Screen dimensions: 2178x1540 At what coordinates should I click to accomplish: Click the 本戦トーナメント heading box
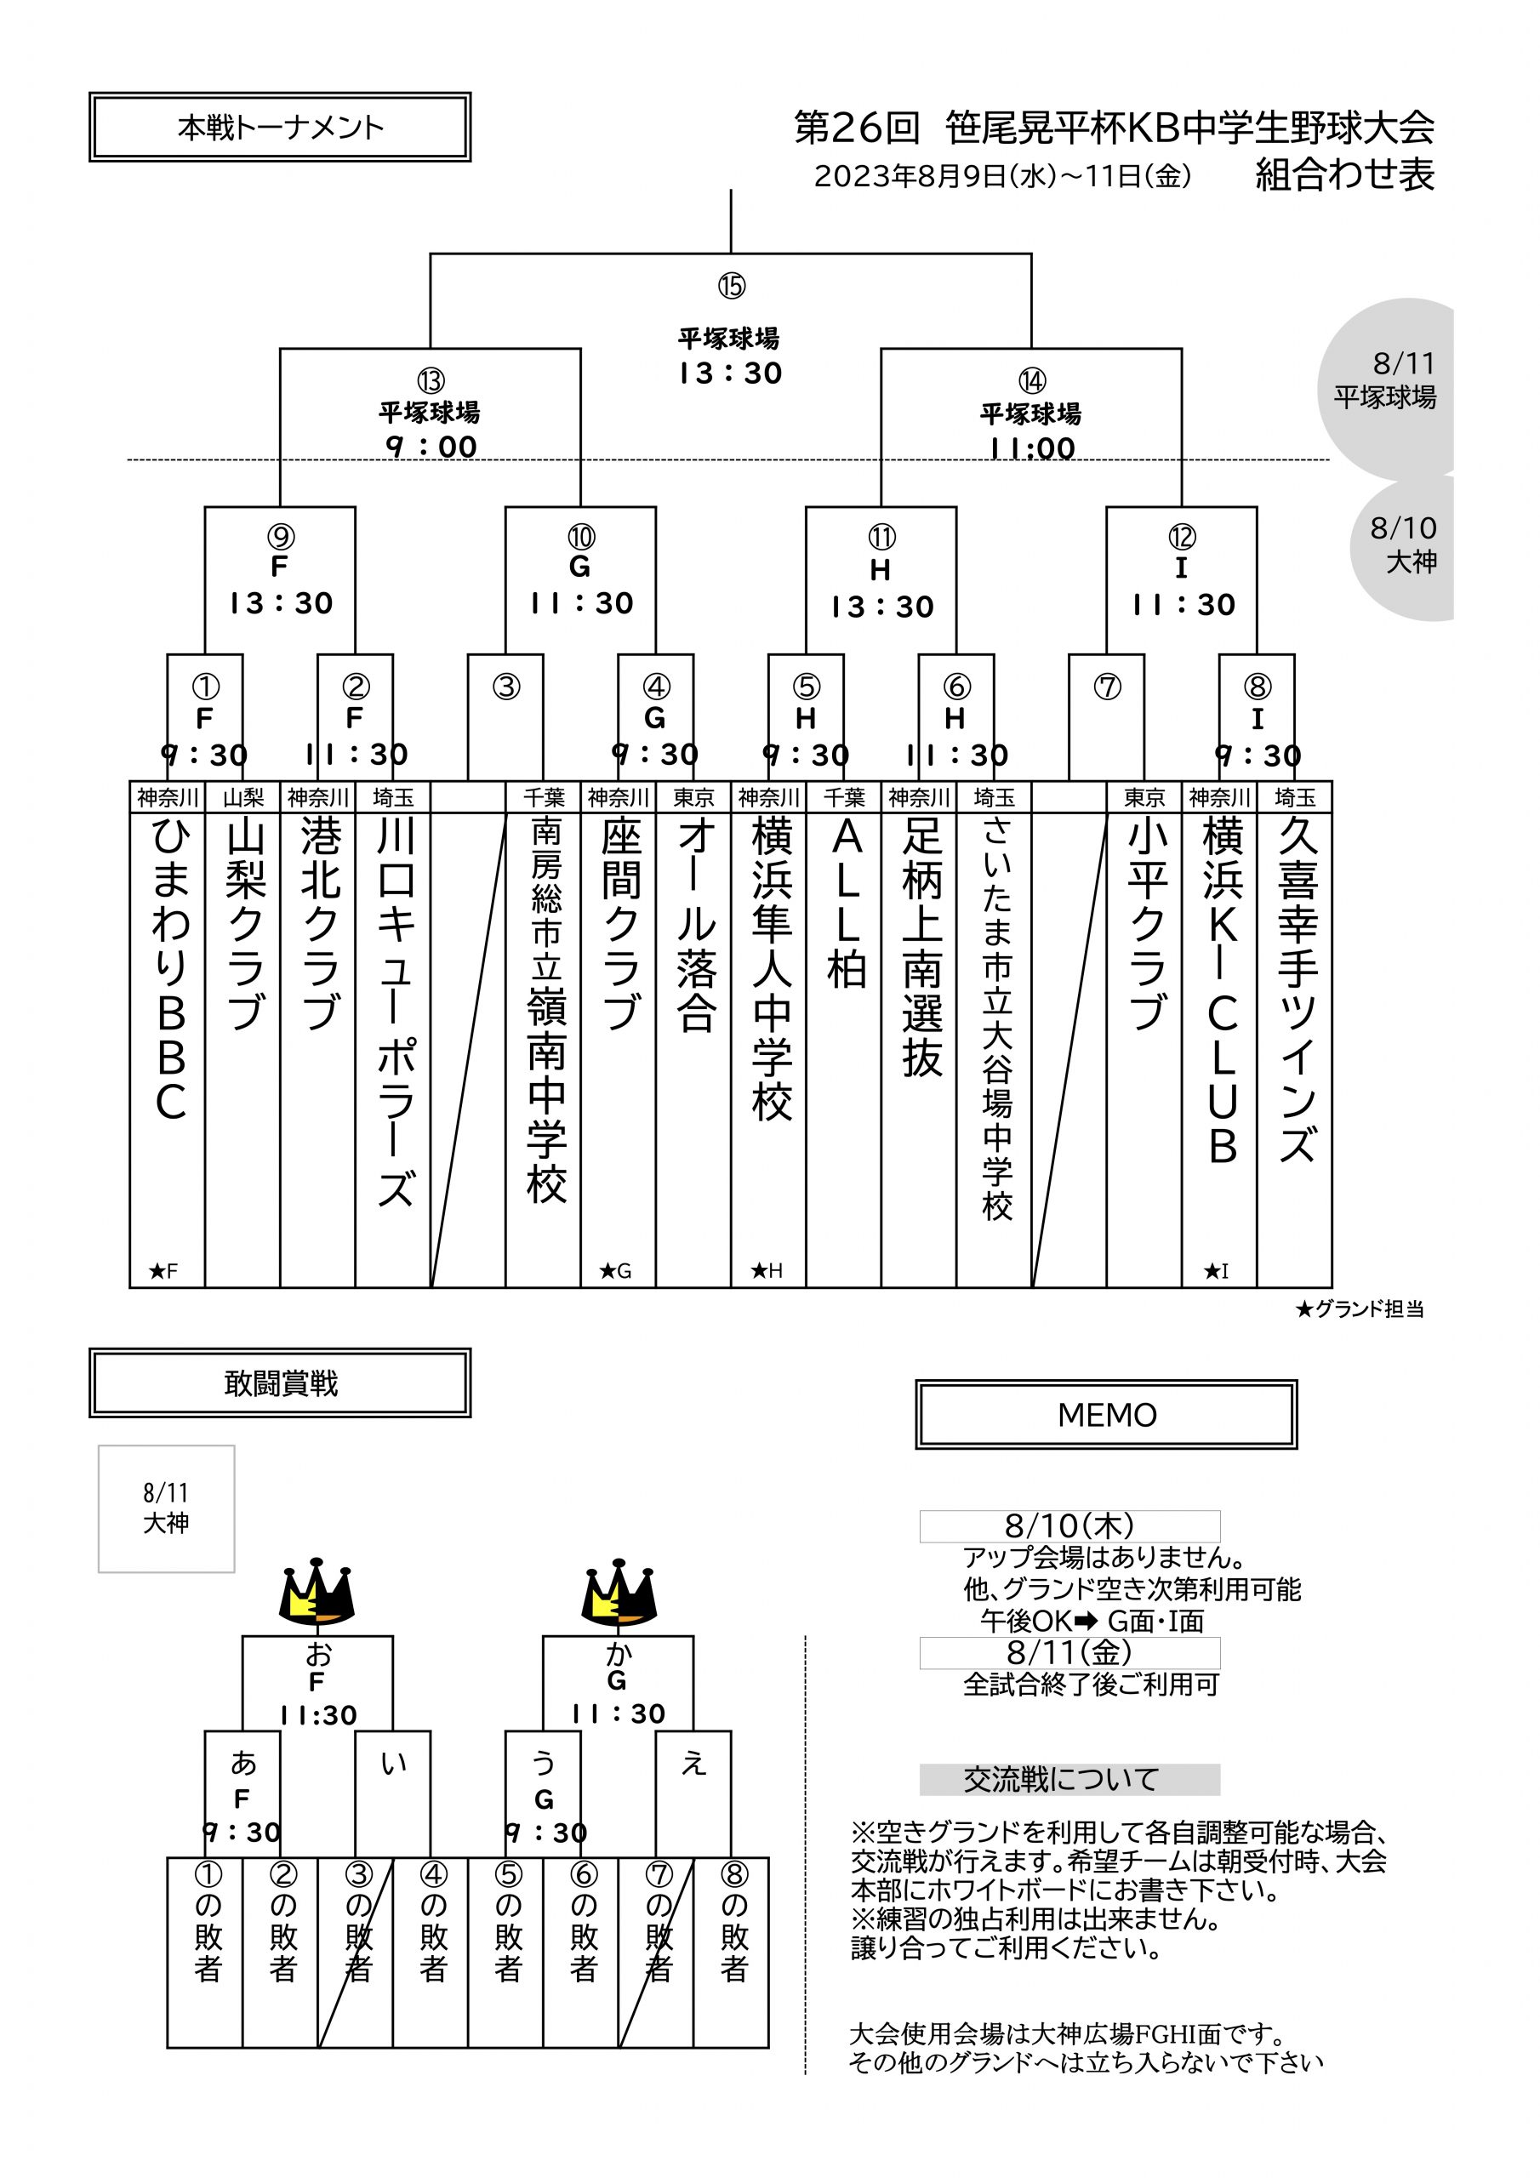point(280,127)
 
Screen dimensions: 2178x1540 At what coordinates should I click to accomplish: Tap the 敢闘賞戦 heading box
point(280,1383)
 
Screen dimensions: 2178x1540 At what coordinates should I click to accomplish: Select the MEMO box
point(1106,1414)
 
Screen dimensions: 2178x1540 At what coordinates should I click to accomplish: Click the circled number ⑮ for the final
point(731,286)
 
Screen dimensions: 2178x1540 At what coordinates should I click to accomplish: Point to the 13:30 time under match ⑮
point(731,373)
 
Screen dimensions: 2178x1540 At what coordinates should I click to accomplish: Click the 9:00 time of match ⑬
point(431,447)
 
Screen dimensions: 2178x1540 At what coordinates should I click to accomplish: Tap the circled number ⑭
point(1031,380)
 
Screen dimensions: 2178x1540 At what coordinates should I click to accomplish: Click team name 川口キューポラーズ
point(394,1010)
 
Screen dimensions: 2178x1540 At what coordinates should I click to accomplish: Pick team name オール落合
point(694,925)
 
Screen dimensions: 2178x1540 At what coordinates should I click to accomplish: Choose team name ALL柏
point(846,901)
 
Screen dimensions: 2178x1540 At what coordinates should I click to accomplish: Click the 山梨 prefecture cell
point(242,798)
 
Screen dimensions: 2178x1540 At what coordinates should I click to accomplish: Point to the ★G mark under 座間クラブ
point(615,1271)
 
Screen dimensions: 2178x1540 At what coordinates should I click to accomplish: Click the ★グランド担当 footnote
point(1359,1310)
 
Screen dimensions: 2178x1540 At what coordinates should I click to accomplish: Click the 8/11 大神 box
point(166,1508)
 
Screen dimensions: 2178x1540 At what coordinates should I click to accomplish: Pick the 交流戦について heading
point(1069,1780)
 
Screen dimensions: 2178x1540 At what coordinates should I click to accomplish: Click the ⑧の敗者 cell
point(733,1936)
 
